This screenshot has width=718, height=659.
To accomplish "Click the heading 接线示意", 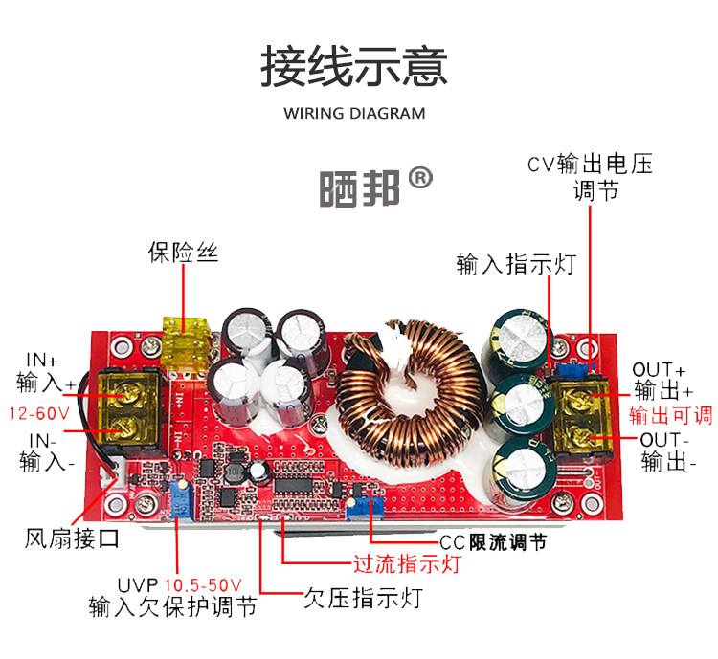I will [354, 67].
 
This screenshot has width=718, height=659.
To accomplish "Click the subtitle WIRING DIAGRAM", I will [354, 114].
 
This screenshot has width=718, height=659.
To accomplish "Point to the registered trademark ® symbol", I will [420, 179].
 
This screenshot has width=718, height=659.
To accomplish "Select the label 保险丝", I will [183, 253].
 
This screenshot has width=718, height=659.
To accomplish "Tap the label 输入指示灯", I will [516, 264].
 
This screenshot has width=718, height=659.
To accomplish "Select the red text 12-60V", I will [39, 414].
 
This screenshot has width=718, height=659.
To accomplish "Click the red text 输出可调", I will [670, 415].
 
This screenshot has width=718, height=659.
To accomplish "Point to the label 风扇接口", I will [72, 538].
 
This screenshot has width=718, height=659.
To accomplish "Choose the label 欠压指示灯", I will [363, 600].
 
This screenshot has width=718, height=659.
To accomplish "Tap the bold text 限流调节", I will [507, 542].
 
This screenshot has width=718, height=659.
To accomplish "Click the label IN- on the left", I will [41, 441].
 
